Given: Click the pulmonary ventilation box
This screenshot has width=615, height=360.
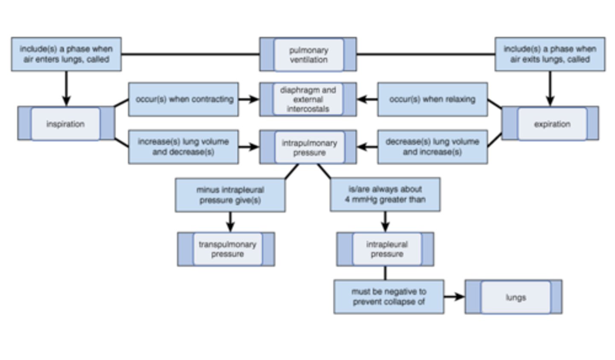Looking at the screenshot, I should (308, 55).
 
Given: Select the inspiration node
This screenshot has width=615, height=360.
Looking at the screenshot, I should (66, 124).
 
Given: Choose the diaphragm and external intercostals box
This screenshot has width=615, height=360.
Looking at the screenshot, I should (308, 100).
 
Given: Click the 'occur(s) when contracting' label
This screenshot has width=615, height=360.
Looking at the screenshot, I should (184, 100).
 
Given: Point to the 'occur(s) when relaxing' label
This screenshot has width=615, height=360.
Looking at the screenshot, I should (432, 100).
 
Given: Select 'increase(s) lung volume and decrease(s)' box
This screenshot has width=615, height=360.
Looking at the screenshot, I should (184, 147).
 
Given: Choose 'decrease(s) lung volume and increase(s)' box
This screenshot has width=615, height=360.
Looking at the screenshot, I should (432, 147).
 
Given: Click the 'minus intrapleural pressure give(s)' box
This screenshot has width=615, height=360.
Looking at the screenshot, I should (230, 195).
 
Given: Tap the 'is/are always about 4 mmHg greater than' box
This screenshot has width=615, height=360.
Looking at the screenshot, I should (385, 195).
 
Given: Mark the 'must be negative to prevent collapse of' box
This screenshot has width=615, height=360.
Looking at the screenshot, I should (389, 297).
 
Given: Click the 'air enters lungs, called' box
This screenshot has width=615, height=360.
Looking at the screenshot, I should (66, 54).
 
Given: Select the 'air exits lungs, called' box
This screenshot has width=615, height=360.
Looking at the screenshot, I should (550, 54).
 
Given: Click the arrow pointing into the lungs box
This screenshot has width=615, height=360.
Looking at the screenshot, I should (454, 297).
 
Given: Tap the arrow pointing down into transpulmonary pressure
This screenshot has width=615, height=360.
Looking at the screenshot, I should (230, 222).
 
